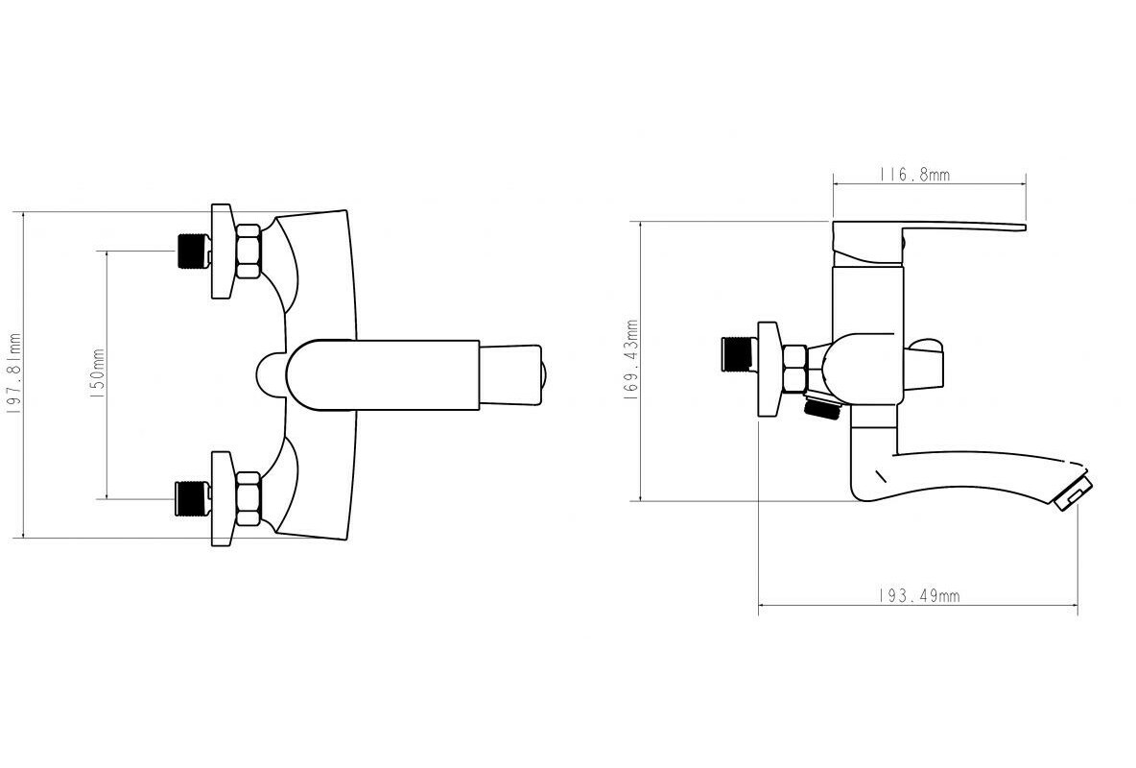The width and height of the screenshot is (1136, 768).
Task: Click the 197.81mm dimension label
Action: tap(13, 374)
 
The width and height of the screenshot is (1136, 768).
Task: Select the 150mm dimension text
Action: tap(97, 374)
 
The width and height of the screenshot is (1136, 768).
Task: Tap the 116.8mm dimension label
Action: tap(914, 175)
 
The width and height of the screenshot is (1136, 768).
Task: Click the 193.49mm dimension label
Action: tap(918, 595)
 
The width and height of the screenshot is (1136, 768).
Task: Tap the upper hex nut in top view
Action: tap(248, 251)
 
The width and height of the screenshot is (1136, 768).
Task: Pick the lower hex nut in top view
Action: tap(248, 498)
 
